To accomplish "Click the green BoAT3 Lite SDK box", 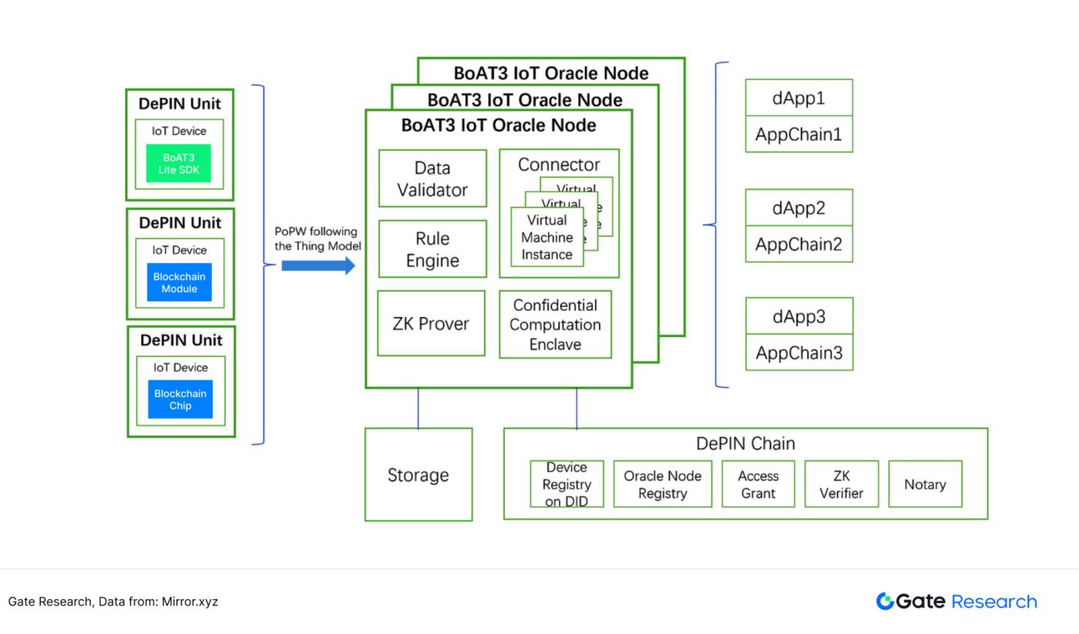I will tap(179, 164).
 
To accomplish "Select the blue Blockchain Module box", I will tap(180, 282).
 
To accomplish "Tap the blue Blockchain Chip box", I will tap(180, 399).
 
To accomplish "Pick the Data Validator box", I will tap(432, 178).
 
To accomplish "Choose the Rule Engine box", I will tap(432, 249).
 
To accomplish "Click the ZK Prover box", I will tap(431, 323).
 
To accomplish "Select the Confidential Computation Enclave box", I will tap(555, 325).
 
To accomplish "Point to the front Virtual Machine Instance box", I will tap(546, 238).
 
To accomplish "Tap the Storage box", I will tap(418, 475).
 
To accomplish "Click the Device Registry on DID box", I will tap(566, 484).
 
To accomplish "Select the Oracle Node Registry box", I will tap(662, 484).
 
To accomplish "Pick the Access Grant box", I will tap(758, 484).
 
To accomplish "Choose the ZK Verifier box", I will tap(841, 484).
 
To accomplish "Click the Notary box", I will tap(925, 484).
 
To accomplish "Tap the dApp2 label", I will tap(798, 208).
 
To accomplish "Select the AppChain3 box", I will tap(798, 353).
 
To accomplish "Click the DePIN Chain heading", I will tap(745, 443).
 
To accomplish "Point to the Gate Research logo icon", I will tap(885, 602).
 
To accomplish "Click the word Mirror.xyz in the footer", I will tap(190, 602).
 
